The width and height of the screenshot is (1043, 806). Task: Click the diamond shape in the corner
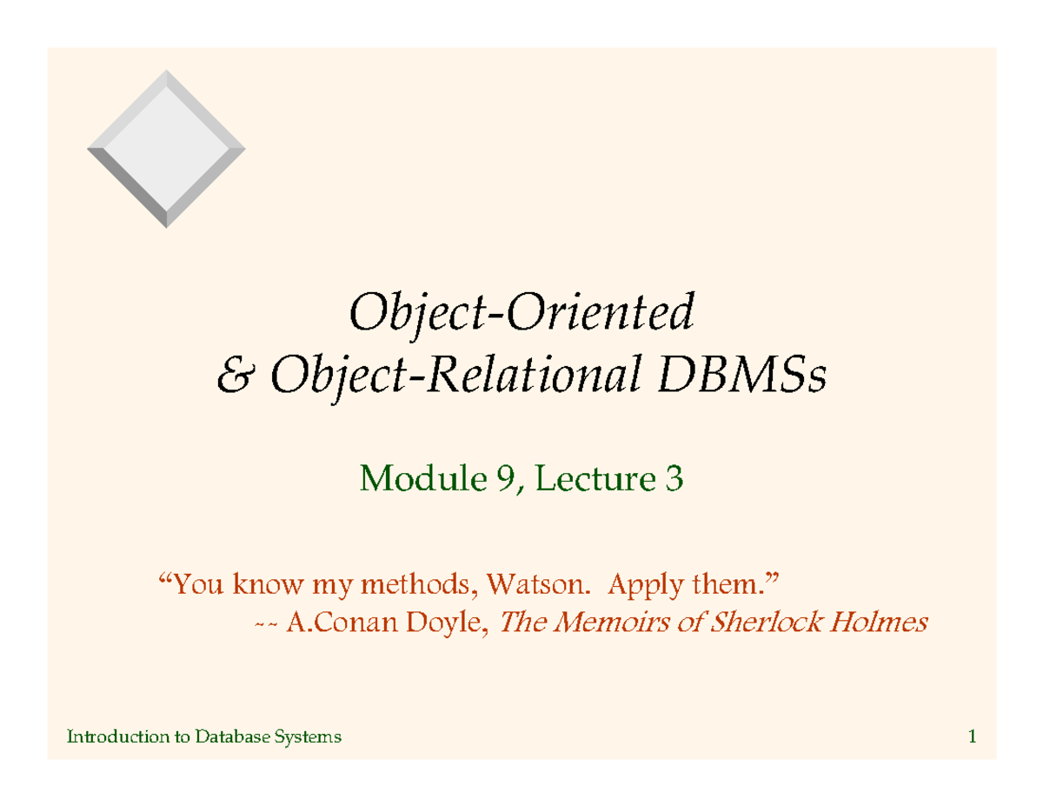(x=165, y=150)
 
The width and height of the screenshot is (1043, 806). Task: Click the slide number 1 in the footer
(x=971, y=737)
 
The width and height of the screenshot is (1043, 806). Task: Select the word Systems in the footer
(x=308, y=737)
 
